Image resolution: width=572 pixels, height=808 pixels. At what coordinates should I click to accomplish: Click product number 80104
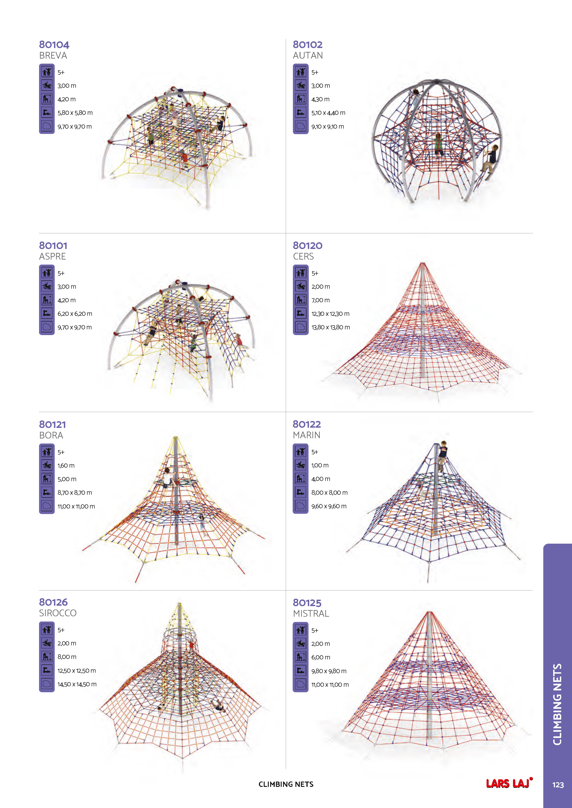(54, 45)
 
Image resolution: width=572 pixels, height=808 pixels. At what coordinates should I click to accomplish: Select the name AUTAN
(308, 56)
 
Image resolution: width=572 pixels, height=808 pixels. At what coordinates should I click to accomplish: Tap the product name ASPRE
(52, 256)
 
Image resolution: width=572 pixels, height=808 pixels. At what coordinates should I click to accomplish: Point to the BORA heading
(51, 435)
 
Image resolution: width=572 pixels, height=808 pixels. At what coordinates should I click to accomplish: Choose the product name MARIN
(306, 435)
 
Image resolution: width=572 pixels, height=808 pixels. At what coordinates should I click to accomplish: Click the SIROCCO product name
(58, 613)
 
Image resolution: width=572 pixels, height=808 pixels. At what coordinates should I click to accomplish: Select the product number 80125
(307, 603)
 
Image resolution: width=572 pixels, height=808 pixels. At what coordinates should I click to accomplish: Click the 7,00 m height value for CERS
(320, 300)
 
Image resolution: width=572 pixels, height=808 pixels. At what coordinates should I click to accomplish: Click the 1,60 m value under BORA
(66, 465)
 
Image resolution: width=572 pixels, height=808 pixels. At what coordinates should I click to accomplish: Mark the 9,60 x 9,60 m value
(329, 506)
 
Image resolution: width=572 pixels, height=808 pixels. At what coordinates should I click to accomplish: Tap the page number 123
(558, 785)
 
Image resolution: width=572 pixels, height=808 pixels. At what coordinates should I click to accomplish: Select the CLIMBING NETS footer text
(286, 784)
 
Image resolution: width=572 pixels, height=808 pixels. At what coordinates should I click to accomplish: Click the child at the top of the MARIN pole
(442, 454)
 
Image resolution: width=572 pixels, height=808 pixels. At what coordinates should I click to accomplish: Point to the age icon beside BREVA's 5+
(47, 72)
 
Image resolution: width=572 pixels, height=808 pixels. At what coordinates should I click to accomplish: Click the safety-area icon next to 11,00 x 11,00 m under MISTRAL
(300, 684)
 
